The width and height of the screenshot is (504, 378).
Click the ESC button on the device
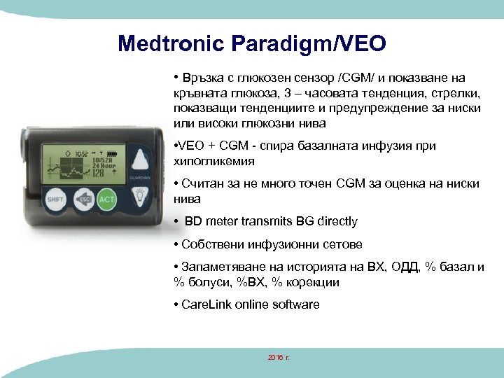[x=84, y=199]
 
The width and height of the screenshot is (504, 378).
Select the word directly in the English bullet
[x=334, y=221]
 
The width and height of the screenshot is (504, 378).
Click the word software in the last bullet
[x=295, y=304]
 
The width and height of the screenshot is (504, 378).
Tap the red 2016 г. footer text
[x=279, y=358]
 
